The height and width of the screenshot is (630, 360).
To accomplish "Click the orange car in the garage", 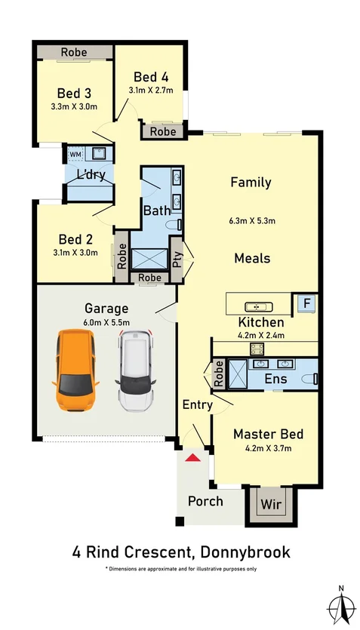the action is (75, 370).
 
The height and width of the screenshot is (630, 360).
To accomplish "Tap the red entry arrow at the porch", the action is (193, 457).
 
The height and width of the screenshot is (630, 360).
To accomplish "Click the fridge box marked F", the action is (307, 303).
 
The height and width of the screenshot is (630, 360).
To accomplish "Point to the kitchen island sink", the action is (259, 307).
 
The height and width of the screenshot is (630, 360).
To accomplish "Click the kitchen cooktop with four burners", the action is (257, 349).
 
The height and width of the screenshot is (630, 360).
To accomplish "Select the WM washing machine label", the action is (75, 154).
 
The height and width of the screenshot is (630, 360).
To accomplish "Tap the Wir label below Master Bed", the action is (271, 504).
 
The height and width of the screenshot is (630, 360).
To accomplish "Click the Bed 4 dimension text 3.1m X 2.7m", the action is (151, 91).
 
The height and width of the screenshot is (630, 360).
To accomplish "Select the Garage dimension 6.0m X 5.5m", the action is (106, 322).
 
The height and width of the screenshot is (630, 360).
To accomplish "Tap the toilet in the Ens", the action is (309, 378).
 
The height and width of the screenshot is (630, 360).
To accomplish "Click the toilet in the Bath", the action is (174, 225).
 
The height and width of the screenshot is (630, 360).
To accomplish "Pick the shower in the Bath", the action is (149, 259).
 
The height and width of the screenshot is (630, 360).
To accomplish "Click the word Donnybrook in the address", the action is (245, 552).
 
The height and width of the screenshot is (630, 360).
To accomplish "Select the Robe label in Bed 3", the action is (74, 52).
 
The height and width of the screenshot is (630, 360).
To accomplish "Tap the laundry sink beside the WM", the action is (99, 153).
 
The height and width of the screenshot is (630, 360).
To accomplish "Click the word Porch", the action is (205, 501).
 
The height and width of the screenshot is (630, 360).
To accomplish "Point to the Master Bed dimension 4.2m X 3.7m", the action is (269, 448).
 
